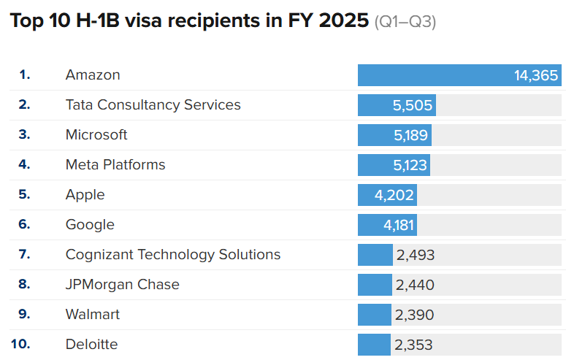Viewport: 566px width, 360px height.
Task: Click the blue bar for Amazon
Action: pyautogui.click(x=438, y=75)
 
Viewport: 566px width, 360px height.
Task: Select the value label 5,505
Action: pyautogui.click(x=413, y=105)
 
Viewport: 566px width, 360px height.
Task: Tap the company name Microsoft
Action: pyautogui.click(x=96, y=135)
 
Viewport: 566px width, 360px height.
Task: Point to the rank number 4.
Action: pyautogui.click(x=24, y=165)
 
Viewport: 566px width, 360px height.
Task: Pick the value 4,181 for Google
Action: pyautogui.click(x=399, y=225)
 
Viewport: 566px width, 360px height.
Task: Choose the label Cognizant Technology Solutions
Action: pyautogui.click(x=173, y=255)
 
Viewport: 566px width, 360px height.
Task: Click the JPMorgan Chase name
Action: pyautogui.click(x=122, y=285)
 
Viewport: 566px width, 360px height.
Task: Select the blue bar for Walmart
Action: pyautogui.click(x=375, y=315)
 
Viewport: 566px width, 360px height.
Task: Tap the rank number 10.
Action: pyautogui.click(x=21, y=344)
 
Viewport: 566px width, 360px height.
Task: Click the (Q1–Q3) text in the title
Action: pyautogui.click(x=405, y=23)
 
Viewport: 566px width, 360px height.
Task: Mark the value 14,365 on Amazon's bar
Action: pyautogui.click(x=536, y=75)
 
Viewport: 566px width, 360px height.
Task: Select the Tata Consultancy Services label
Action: pyautogui.click(x=153, y=105)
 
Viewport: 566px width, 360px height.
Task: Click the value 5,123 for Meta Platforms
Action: pyautogui.click(x=410, y=165)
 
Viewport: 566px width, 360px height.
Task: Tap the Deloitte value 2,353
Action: pyautogui.click(x=414, y=345)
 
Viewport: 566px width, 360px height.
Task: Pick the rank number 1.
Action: pyautogui.click(x=25, y=75)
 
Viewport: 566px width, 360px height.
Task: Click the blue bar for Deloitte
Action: pyautogui.click(x=374, y=345)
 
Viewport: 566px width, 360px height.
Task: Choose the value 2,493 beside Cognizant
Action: pyautogui.click(x=415, y=255)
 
